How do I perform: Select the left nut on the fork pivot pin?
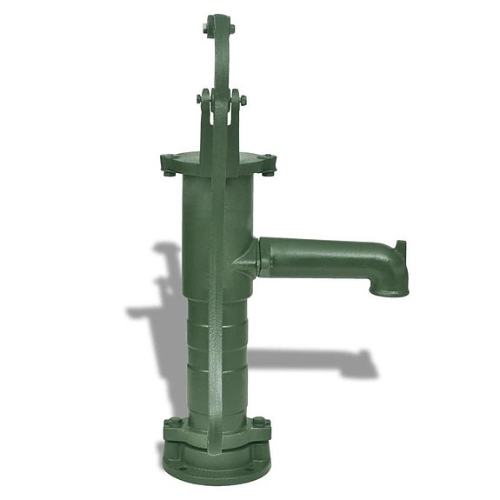click(x=200, y=100)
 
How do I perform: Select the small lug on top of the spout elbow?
click(x=400, y=248)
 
